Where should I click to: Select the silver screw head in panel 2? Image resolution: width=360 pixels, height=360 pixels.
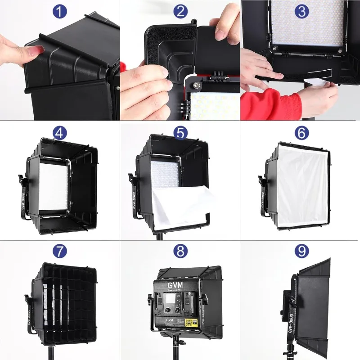(x=197, y=84)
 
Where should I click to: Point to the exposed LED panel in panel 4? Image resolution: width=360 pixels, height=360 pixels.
(x=53, y=187)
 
